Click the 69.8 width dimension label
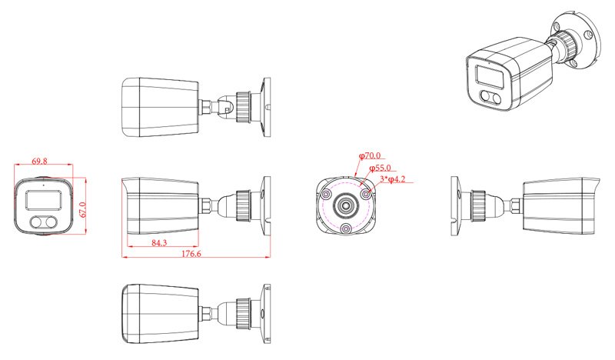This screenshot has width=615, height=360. click(39, 161)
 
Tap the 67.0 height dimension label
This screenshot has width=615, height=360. click(82, 211)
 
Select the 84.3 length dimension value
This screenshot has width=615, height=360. click(159, 243)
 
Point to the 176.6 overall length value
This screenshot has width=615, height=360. click(191, 254)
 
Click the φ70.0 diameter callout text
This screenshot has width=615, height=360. click(370, 156)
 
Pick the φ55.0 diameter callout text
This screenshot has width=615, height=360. click(380, 168)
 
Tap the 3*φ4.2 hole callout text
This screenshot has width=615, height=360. click(393, 179)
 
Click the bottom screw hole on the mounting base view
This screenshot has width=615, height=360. click(345, 228)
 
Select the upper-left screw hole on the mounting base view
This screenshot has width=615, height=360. click(325, 194)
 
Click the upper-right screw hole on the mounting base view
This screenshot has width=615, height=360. click(366, 194)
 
